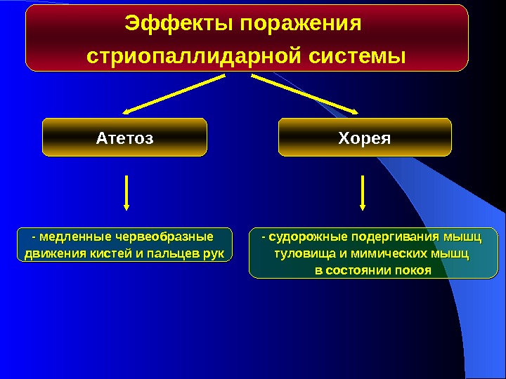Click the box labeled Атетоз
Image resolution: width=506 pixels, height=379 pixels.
[x=124, y=137]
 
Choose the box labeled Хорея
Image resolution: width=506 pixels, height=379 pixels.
[x=365, y=137]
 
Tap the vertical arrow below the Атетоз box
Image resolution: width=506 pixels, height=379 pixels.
[x=126, y=192]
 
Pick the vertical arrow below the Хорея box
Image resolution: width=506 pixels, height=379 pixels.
[x=363, y=192]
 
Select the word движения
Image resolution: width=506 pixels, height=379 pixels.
[x=53, y=253]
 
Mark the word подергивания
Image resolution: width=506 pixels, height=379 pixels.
[x=391, y=237]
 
